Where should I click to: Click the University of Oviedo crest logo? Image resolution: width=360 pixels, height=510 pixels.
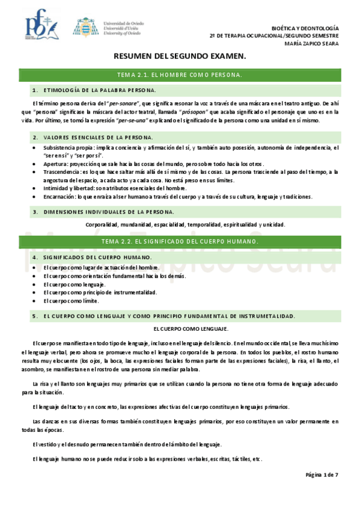pos(84,27)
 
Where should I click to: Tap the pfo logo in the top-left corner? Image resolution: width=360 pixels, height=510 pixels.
pos(41,25)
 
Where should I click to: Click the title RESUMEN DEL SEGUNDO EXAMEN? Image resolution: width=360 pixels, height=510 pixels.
pos(180,56)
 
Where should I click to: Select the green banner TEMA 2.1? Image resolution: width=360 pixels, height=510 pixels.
pos(180,75)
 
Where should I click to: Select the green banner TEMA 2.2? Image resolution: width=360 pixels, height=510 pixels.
pos(180,241)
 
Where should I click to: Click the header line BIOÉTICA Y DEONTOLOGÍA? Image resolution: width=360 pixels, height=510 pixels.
pos(305,28)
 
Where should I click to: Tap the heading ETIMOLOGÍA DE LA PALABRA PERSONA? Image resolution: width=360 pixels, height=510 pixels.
pos(99,90)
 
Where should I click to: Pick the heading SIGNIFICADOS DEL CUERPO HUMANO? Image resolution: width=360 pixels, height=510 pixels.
pos(97,257)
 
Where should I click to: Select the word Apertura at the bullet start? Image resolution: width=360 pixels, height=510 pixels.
pos(55,164)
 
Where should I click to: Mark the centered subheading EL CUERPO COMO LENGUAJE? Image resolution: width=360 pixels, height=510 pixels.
pos(191,329)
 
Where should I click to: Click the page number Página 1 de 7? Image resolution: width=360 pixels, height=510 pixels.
pos(322,475)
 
